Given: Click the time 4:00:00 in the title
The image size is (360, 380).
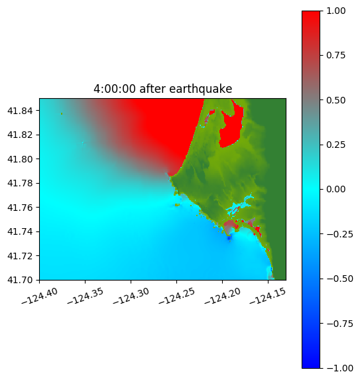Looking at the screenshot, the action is point(115,89).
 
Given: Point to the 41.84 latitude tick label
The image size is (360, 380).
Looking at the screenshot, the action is point(20,111).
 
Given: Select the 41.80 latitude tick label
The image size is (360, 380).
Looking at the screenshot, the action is point(20,159).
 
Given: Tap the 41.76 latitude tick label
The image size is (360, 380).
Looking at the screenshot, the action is point(20,208).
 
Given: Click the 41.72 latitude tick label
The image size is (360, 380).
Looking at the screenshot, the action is point(20,256).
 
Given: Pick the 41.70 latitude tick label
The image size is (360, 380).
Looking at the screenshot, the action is point(20,280).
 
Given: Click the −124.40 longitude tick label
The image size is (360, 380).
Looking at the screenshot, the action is point(40,296).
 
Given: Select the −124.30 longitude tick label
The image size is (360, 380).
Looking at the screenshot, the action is point(131,296).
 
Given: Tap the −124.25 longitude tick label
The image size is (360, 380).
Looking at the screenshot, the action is point(177,296).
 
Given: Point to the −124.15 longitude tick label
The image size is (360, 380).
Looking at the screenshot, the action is point(268,296).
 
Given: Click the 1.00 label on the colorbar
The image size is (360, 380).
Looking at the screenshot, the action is point(335,11).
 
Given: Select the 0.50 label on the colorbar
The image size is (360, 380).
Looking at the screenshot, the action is point(335,100).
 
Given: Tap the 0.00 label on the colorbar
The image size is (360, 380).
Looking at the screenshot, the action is point(335,189).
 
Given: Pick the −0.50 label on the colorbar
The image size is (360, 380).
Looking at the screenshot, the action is point(339,279).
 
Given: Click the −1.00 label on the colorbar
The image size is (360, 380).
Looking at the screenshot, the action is point(339,368).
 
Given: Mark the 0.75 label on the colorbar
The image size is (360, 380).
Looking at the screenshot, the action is point(335,56).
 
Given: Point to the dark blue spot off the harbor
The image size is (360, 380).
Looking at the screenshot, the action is point(229,239).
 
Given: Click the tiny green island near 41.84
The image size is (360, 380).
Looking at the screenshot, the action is point(62,113).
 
